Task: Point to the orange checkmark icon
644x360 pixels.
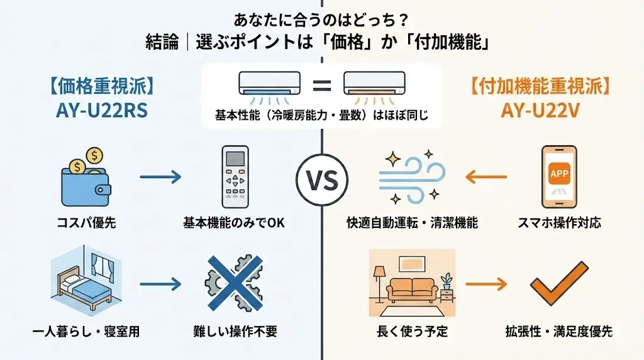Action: [555, 284]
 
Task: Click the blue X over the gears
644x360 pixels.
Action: [234, 284]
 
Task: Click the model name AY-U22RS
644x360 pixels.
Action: [101, 110]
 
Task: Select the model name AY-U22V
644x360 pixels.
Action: [539, 110]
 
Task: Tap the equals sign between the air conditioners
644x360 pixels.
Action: [321, 85]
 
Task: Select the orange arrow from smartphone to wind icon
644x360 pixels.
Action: [486, 177]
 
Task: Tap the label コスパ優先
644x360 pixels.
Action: [86, 223]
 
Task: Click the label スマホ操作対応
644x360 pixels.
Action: [559, 223]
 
